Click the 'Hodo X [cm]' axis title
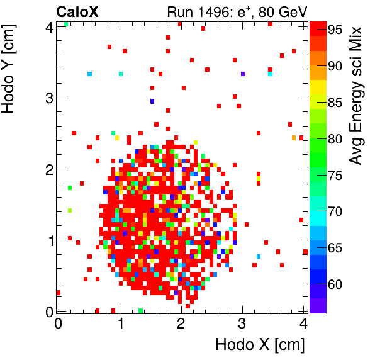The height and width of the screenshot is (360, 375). pyautogui.click(x=260, y=345)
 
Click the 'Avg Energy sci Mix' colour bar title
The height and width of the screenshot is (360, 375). pyautogui.click(x=356, y=96)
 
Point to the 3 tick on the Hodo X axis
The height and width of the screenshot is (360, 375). pyautogui.click(x=242, y=323)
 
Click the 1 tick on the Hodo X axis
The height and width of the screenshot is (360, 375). pyautogui.click(x=119, y=323)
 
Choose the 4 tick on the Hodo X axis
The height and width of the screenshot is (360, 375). pyautogui.click(x=303, y=323)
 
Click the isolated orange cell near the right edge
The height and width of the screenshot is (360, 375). pyautogui.click(x=294, y=138)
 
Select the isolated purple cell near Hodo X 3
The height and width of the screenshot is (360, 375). pyautogui.click(x=243, y=74)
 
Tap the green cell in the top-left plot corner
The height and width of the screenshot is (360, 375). pyautogui.click(x=66, y=24)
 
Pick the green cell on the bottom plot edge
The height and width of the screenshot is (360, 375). pyautogui.click(x=140, y=310)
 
